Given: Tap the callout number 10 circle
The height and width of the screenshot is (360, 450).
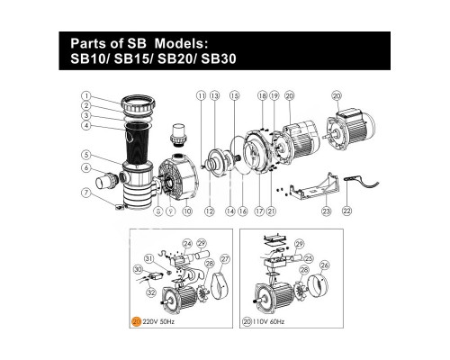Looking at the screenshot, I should [x=187, y=212].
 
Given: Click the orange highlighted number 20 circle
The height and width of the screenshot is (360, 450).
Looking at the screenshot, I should [x=136, y=320].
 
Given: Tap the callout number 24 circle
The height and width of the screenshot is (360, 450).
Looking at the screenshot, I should [x=187, y=242].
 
